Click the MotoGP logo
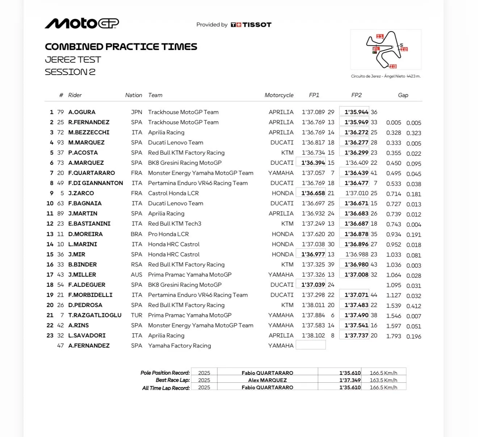[82, 24]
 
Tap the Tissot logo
[251, 25]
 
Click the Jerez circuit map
[386, 50]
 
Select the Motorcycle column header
[279, 95]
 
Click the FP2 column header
[356, 95]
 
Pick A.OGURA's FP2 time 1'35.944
[356, 112]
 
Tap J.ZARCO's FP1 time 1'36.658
[313, 193]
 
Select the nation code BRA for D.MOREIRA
[137, 234]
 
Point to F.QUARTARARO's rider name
[92, 173]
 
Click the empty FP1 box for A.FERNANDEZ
[311, 345]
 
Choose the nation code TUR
[137, 315]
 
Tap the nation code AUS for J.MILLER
[137, 275]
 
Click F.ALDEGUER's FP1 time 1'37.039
[313, 285]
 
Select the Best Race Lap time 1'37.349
[350, 380]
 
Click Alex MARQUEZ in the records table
[267, 380]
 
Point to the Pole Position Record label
[165, 373]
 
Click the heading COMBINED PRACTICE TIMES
[121, 47]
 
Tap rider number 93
[60, 143]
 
